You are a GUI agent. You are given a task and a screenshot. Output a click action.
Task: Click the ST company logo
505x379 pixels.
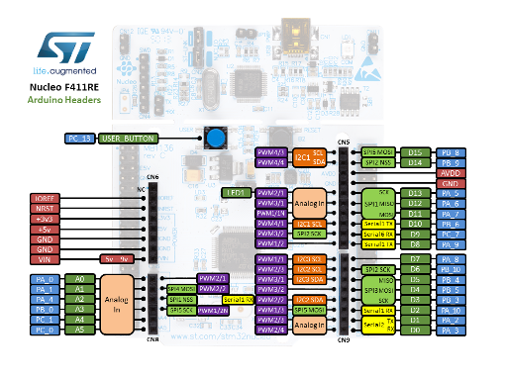pos(64,49)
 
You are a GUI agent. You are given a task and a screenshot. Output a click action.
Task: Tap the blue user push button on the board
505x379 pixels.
pos(213,139)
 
